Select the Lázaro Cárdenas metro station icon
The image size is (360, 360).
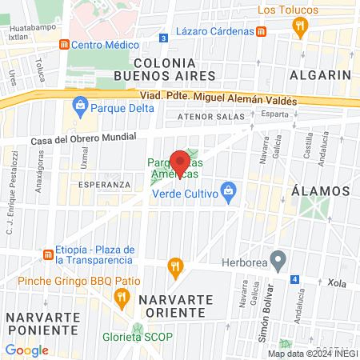pos(261,31)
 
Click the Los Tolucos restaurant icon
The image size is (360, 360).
pos(300,27)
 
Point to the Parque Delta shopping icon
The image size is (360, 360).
pos(79,105)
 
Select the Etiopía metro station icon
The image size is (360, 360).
pos(48,254)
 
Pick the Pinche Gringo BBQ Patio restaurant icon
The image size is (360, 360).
pos(122,298)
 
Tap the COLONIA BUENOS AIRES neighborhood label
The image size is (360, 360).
pos(176,69)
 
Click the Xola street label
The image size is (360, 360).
pos(338,283)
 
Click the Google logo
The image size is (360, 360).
pos(26,350)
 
